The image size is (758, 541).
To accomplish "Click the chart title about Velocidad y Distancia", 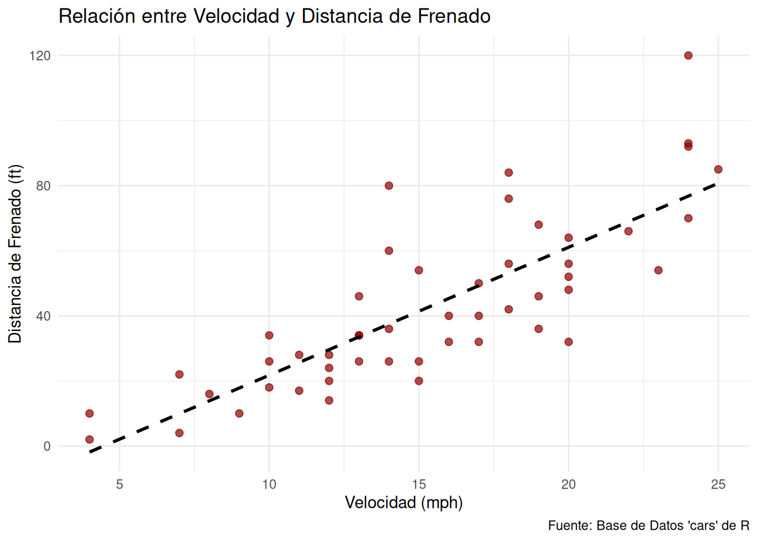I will click(x=274, y=16).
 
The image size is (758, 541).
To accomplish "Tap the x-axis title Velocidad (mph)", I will click(x=403, y=502).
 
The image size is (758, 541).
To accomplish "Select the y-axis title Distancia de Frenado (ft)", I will click(x=15, y=254).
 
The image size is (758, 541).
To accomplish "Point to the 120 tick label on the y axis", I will click(x=40, y=55).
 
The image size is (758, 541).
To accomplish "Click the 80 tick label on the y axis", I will click(x=43, y=185).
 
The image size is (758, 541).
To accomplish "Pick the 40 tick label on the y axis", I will click(x=43, y=316).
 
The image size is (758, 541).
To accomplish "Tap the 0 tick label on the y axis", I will click(x=47, y=446).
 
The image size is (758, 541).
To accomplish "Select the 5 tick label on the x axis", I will click(x=120, y=484).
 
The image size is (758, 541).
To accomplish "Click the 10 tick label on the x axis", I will click(x=269, y=484).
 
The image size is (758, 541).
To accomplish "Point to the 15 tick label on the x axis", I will click(x=418, y=484).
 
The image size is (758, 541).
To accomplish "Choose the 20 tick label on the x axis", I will click(x=568, y=484).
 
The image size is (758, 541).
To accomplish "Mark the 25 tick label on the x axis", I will click(x=718, y=484).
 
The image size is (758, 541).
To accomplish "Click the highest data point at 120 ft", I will click(x=688, y=55).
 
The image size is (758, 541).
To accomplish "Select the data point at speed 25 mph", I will click(x=718, y=170).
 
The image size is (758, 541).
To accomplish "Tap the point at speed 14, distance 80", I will click(x=389, y=185).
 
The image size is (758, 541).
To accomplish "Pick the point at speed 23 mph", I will click(x=658, y=270).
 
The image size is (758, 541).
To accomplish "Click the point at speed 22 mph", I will click(x=628, y=231).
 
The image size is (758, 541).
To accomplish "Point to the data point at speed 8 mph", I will click(x=209, y=394).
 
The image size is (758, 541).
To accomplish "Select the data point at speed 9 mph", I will click(x=239, y=414).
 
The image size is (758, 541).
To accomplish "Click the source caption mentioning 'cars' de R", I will click(x=649, y=525).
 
